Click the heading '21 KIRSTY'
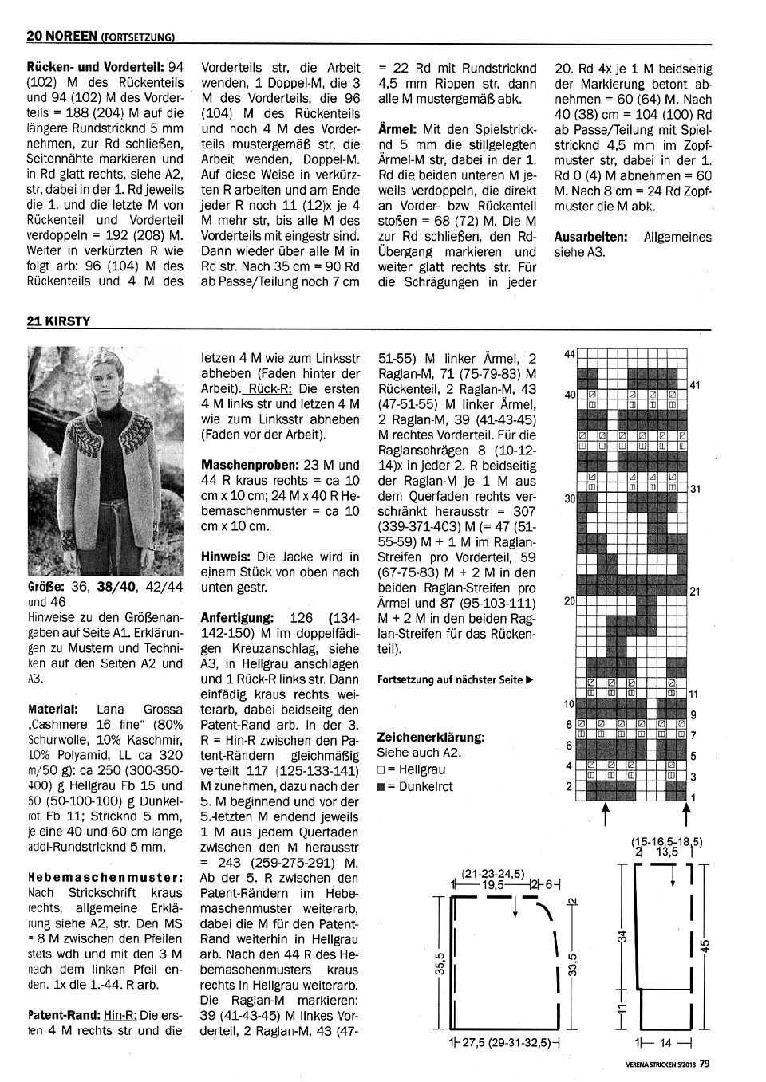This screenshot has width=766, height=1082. pyautogui.click(x=58, y=321)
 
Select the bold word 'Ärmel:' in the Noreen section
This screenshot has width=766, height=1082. pyautogui.click(x=398, y=128)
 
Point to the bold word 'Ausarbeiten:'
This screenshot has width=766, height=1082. pyautogui.click(x=590, y=237)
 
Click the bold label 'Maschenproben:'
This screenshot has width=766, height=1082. pyautogui.click(x=250, y=464)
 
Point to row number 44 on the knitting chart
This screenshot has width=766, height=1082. pyautogui.click(x=570, y=353)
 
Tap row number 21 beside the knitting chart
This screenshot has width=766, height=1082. pyautogui.click(x=694, y=592)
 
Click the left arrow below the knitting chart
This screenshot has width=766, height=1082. pyautogui.click(x=606, y=813)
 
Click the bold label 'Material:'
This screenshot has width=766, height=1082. pyautogui.click(x=53, y=708)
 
